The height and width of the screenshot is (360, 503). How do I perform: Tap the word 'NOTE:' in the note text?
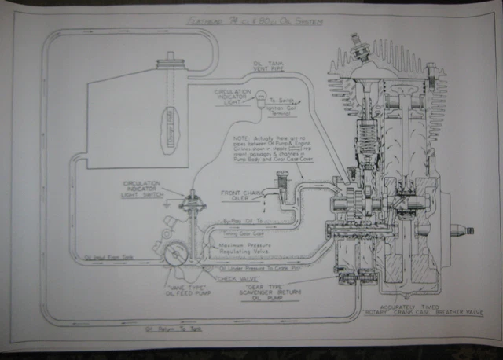point(240,136)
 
